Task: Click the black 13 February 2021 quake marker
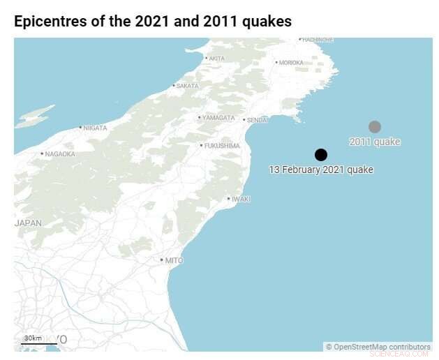point(321,155)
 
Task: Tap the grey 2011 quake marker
point(375,126)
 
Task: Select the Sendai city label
point(256,120)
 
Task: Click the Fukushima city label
point(221,146)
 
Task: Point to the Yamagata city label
point(218,118)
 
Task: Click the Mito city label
point(173,261)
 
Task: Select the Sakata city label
point(186,86)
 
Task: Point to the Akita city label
point(216,59)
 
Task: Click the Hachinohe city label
point(318,40)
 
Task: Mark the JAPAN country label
point(28,223)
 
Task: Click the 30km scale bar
point(39,342)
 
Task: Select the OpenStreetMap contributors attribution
point(378,347)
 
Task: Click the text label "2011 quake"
point(375,142)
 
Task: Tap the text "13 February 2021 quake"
point(321,170)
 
